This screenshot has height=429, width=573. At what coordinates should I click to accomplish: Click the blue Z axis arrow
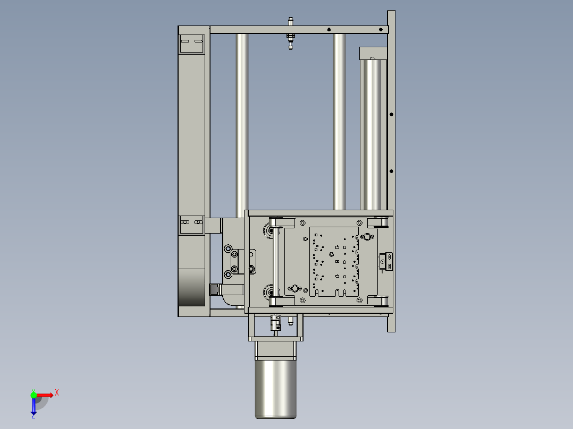[x=33, y=407]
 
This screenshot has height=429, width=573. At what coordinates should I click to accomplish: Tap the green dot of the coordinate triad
[x=33, y=394]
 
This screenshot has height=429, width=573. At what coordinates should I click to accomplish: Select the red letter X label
[x=57, y=393]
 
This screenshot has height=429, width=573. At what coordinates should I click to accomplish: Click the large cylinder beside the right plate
[x=372, y=133]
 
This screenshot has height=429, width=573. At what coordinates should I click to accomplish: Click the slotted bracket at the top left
[x=191, y=42]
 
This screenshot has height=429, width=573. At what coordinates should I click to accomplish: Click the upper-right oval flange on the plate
[x=367, y=236]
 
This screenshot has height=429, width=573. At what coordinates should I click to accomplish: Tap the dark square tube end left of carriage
[x=215, y=289]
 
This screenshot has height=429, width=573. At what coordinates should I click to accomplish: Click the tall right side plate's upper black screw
[x=391, y=114]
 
